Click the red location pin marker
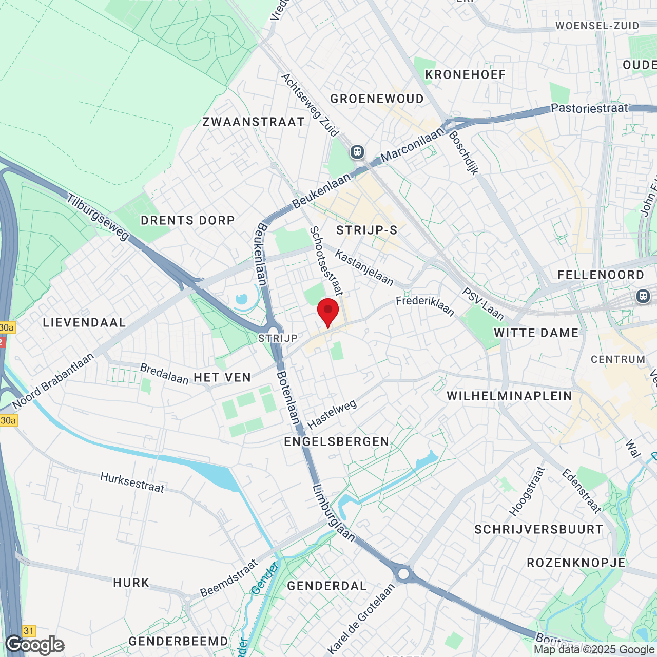[x=328, y=311]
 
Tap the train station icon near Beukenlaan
[x=357, y=152]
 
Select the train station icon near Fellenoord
[x=643, y=296]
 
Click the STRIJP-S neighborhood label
[x=367, y=230]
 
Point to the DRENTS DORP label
[x=188, y=220]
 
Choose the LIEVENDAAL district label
[x=84, y=322]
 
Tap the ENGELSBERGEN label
[x=337, y=441]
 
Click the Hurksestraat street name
[x=132, y=482]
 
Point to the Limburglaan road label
[x=334, y=512]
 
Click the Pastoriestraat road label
[x=589, y=108]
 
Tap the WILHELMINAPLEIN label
[x=509, y=396]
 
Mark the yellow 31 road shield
[x=29, y=631]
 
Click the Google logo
[x=35, y=645]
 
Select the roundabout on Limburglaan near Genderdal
[x=404, y=574]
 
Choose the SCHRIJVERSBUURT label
[x=539, y=529]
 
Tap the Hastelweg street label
[x=332, y=415]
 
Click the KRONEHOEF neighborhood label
[x=466, y=74]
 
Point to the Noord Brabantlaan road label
[x=53, y=381]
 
